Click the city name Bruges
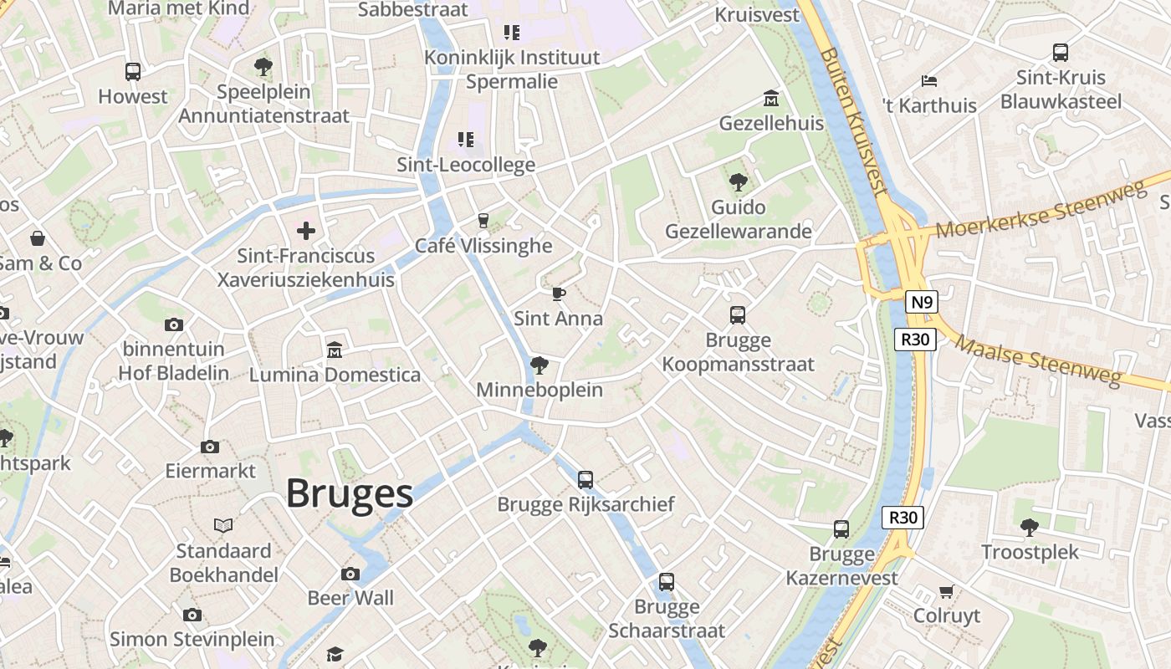click(350, 493)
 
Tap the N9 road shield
click(920, 302)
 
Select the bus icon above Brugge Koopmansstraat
click(737, 315)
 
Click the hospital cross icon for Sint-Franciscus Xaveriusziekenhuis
click(306, 230)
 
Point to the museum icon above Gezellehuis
click(770, 99)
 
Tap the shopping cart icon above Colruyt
click(946, 591)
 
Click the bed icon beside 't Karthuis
click(928, 81)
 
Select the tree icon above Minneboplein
click(539, 365)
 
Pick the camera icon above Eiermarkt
click(210, 447)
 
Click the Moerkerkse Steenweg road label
click(1041, 211)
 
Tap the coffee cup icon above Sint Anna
click(558, 294)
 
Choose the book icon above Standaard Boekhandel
click(222, 525)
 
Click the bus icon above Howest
click(133, 72)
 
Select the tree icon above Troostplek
click(1030, 527)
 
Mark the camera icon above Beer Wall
click(350, 574)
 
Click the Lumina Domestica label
click(335, 375)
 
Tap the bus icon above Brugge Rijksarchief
click(585, 480)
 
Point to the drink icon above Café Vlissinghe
click(483, 221)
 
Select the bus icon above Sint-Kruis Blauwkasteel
click(1061, 52)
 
